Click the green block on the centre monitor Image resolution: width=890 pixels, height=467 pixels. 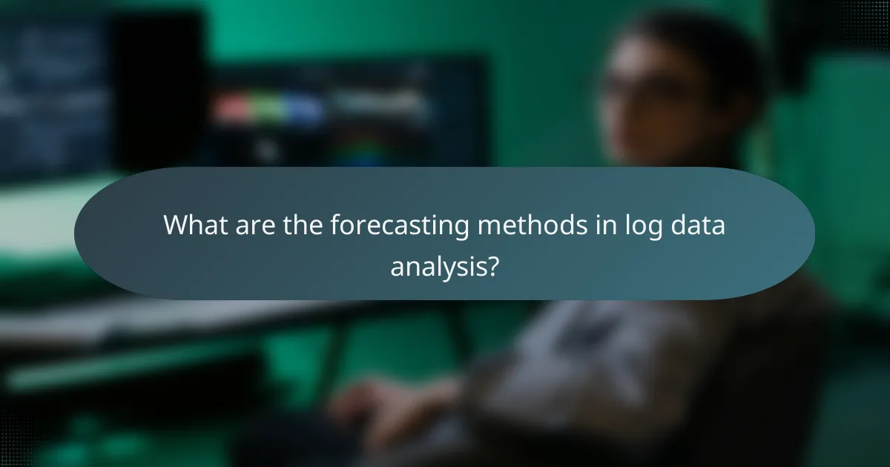click(269, 110)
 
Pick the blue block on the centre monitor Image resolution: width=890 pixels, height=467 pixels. click(304, 110)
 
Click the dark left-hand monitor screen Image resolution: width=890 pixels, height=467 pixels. click(52, 89)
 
